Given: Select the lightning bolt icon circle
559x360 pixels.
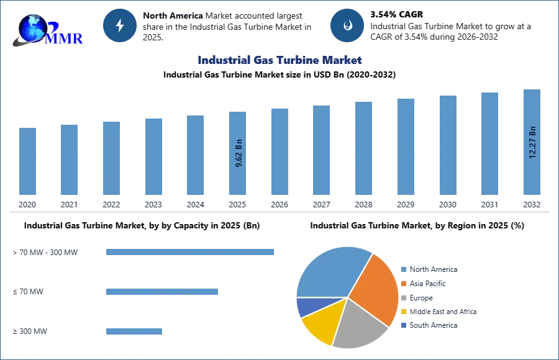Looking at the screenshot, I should pyautogui.click(x=120, y=26).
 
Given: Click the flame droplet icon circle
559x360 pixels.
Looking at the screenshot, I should pyautogui.click(x=347, y=26).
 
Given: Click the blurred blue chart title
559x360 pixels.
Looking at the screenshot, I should pyautogui.click(x=278, y=60).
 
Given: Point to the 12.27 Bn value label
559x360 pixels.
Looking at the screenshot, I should pyautogui.click(x=532, y=143).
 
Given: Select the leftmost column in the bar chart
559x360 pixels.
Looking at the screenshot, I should pyautogui.click(x=27, y=161).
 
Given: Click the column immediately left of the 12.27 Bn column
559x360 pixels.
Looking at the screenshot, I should pyautogui.click(x=489, y=144).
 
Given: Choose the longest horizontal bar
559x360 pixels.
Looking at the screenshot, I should pyautogui.click(x=191, y=253).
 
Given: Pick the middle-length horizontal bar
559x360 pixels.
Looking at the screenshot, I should pyautogui.click(x=161, y=292).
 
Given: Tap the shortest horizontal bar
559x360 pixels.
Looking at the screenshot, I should pyautogui.click(x=134, y=332).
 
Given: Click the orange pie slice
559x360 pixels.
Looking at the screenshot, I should pyautogui.click(x=375, y=286).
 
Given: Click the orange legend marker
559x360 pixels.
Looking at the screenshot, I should pyautogui.click(x=403, y=283).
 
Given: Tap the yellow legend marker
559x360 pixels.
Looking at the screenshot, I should pyautogui.click(x=403, y=312).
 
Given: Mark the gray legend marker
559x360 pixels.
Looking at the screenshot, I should pyautogui.click(x=403, y=297).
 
